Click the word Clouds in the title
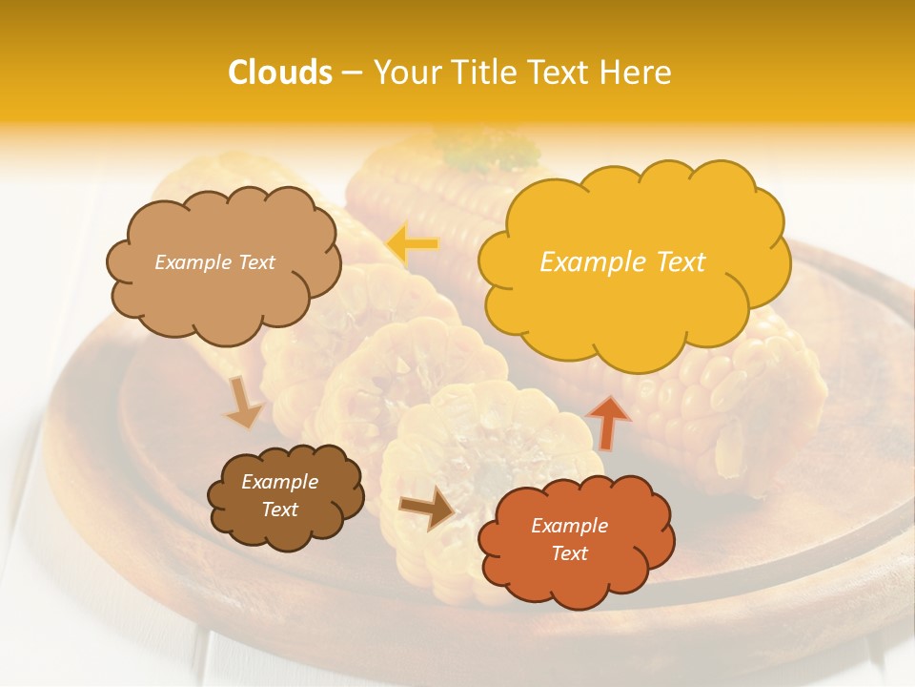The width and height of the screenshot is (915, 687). coord(280,73)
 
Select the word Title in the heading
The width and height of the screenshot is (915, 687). coord(484,73)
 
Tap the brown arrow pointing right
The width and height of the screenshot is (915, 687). coord(426,508)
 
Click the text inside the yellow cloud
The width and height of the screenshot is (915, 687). coord(622,262)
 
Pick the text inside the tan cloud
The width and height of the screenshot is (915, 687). coord(214,262)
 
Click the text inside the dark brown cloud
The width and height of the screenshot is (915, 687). coord(279,496)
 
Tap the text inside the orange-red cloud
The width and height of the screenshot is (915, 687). coord(569,539)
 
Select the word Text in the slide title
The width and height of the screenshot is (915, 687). coord(560,73)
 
